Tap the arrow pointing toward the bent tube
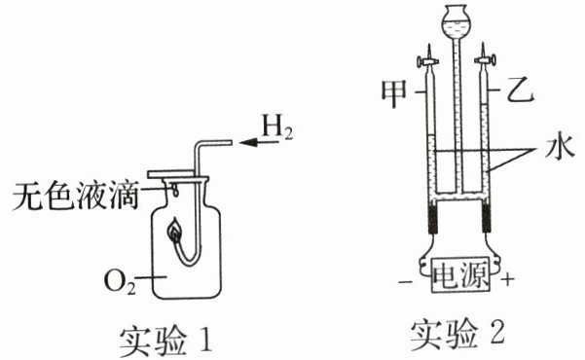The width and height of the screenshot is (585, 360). (x=259, y=142)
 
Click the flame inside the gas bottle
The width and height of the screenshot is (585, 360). (x=174, y=231)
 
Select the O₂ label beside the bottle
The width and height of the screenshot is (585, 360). (x=120, y=281)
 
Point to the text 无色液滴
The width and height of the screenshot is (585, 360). (x=76, y=196)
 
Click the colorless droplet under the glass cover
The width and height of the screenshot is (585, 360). (x=175, y=191)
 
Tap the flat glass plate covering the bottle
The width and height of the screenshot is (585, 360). (x=170, y=174)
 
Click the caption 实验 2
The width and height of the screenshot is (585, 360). (x=457, y=335)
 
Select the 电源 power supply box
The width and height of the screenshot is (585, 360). (x=460, y=275)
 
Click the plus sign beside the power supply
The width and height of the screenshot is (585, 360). (x=507, y=279)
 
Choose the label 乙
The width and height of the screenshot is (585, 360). (x=520, y=90)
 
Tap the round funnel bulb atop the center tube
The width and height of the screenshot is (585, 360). (x=456, y=19)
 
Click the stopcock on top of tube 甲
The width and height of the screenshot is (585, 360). (x=428, y=60)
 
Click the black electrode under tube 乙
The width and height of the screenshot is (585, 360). (x=487, y=219)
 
